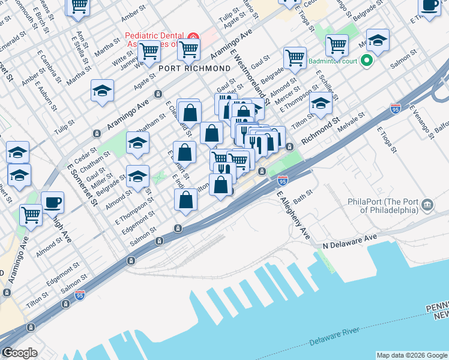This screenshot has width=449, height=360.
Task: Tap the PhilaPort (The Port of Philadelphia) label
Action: (382, 206)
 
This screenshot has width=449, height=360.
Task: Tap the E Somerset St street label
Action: (83, 179)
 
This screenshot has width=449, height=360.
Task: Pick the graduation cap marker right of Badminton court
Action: (378, 40)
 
